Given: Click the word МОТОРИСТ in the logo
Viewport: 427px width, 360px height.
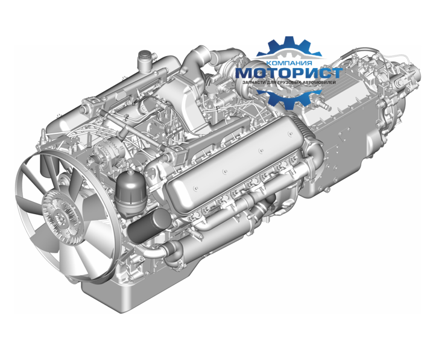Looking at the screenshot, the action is pyautogui.click(x=289, y=73).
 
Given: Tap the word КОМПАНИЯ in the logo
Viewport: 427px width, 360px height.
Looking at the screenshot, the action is pyautogui.click(x=289, y=63).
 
